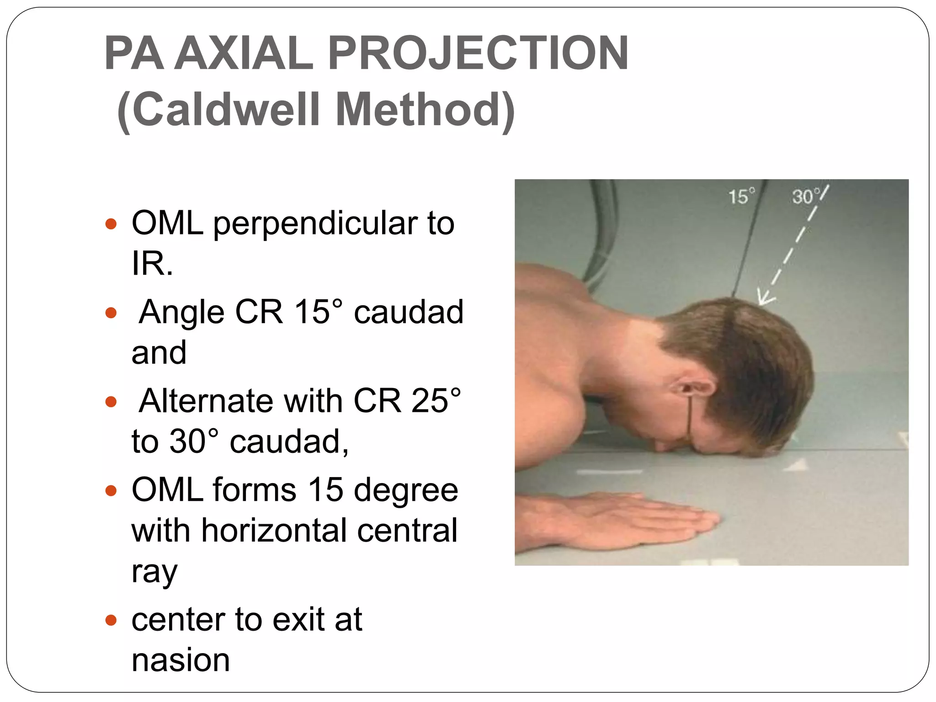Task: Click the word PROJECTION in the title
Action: point(478,53)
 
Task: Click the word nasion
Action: point(181,660)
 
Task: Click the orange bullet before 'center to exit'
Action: point(111,620)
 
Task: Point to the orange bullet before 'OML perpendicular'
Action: point(111,224)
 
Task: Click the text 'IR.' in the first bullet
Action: point(152,264)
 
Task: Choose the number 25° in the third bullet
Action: point(436,401)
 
